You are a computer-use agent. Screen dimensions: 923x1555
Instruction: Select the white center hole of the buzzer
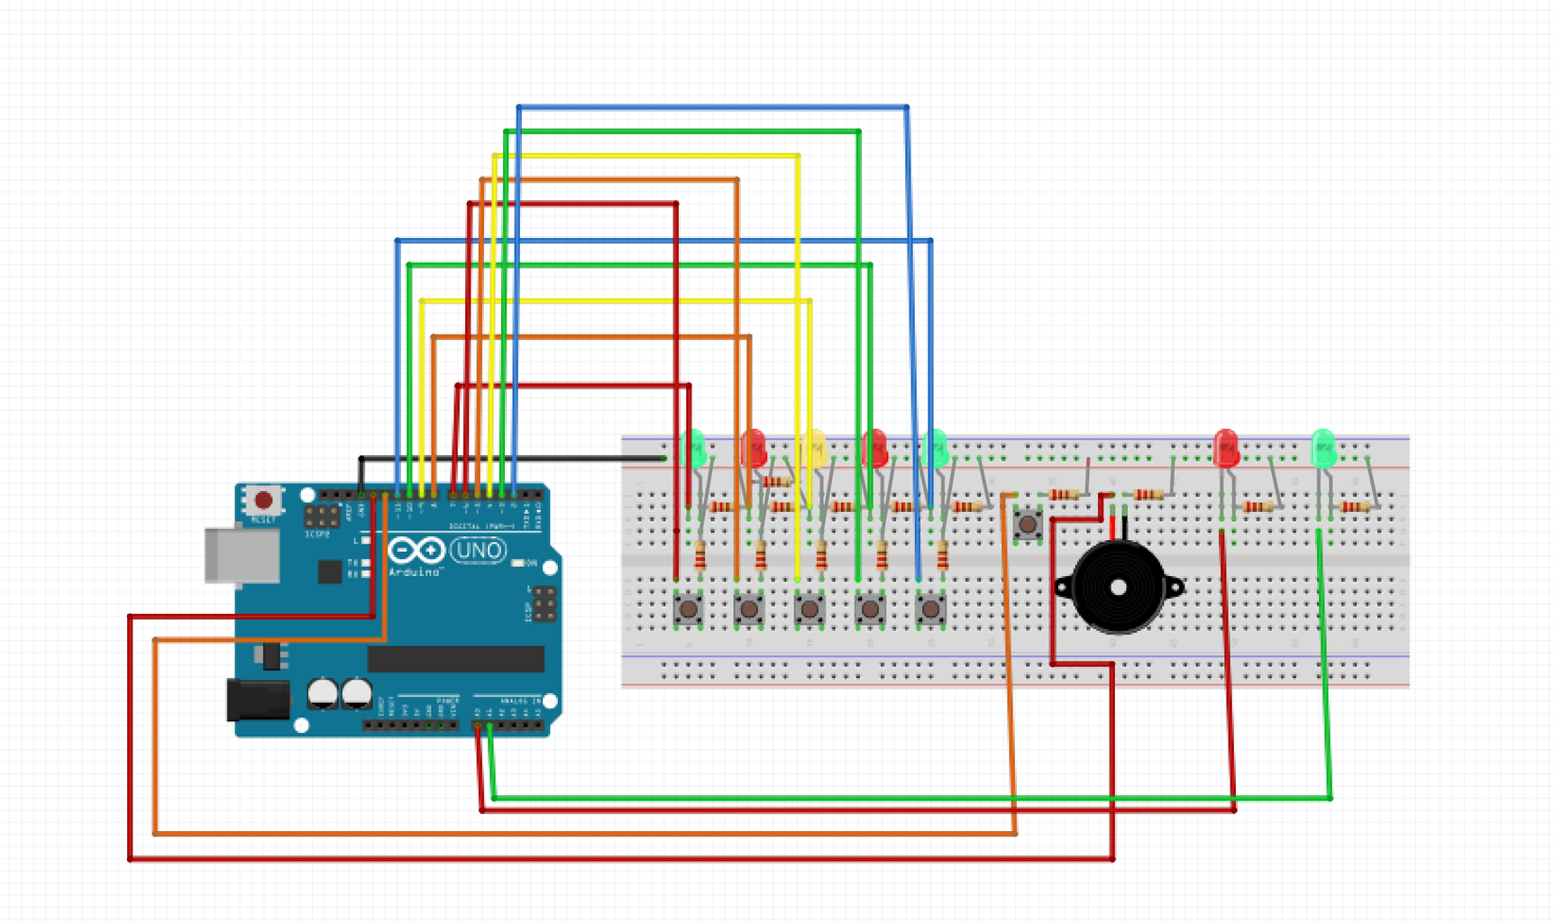point(1119,588)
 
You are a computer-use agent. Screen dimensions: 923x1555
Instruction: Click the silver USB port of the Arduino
point(242,554)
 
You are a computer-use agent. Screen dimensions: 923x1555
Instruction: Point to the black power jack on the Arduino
point(258,700)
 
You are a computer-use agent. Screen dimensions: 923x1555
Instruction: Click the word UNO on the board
point(478,550)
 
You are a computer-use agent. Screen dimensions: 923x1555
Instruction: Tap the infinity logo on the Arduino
point(416,550)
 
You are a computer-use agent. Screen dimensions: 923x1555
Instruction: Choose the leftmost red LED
point(753,447)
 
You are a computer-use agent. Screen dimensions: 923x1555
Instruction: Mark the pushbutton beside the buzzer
point(1028,524)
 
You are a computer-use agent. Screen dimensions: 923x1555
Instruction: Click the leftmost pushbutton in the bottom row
point(689,609)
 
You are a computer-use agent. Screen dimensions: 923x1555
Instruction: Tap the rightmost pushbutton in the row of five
point(930,609)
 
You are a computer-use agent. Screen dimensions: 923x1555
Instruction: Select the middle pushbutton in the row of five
point(810,609)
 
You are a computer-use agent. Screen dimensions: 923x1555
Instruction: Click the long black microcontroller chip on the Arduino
point(455,659)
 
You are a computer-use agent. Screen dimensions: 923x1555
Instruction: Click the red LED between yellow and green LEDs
point(874,447)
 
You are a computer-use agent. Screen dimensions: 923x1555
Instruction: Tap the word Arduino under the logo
point(414,571)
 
